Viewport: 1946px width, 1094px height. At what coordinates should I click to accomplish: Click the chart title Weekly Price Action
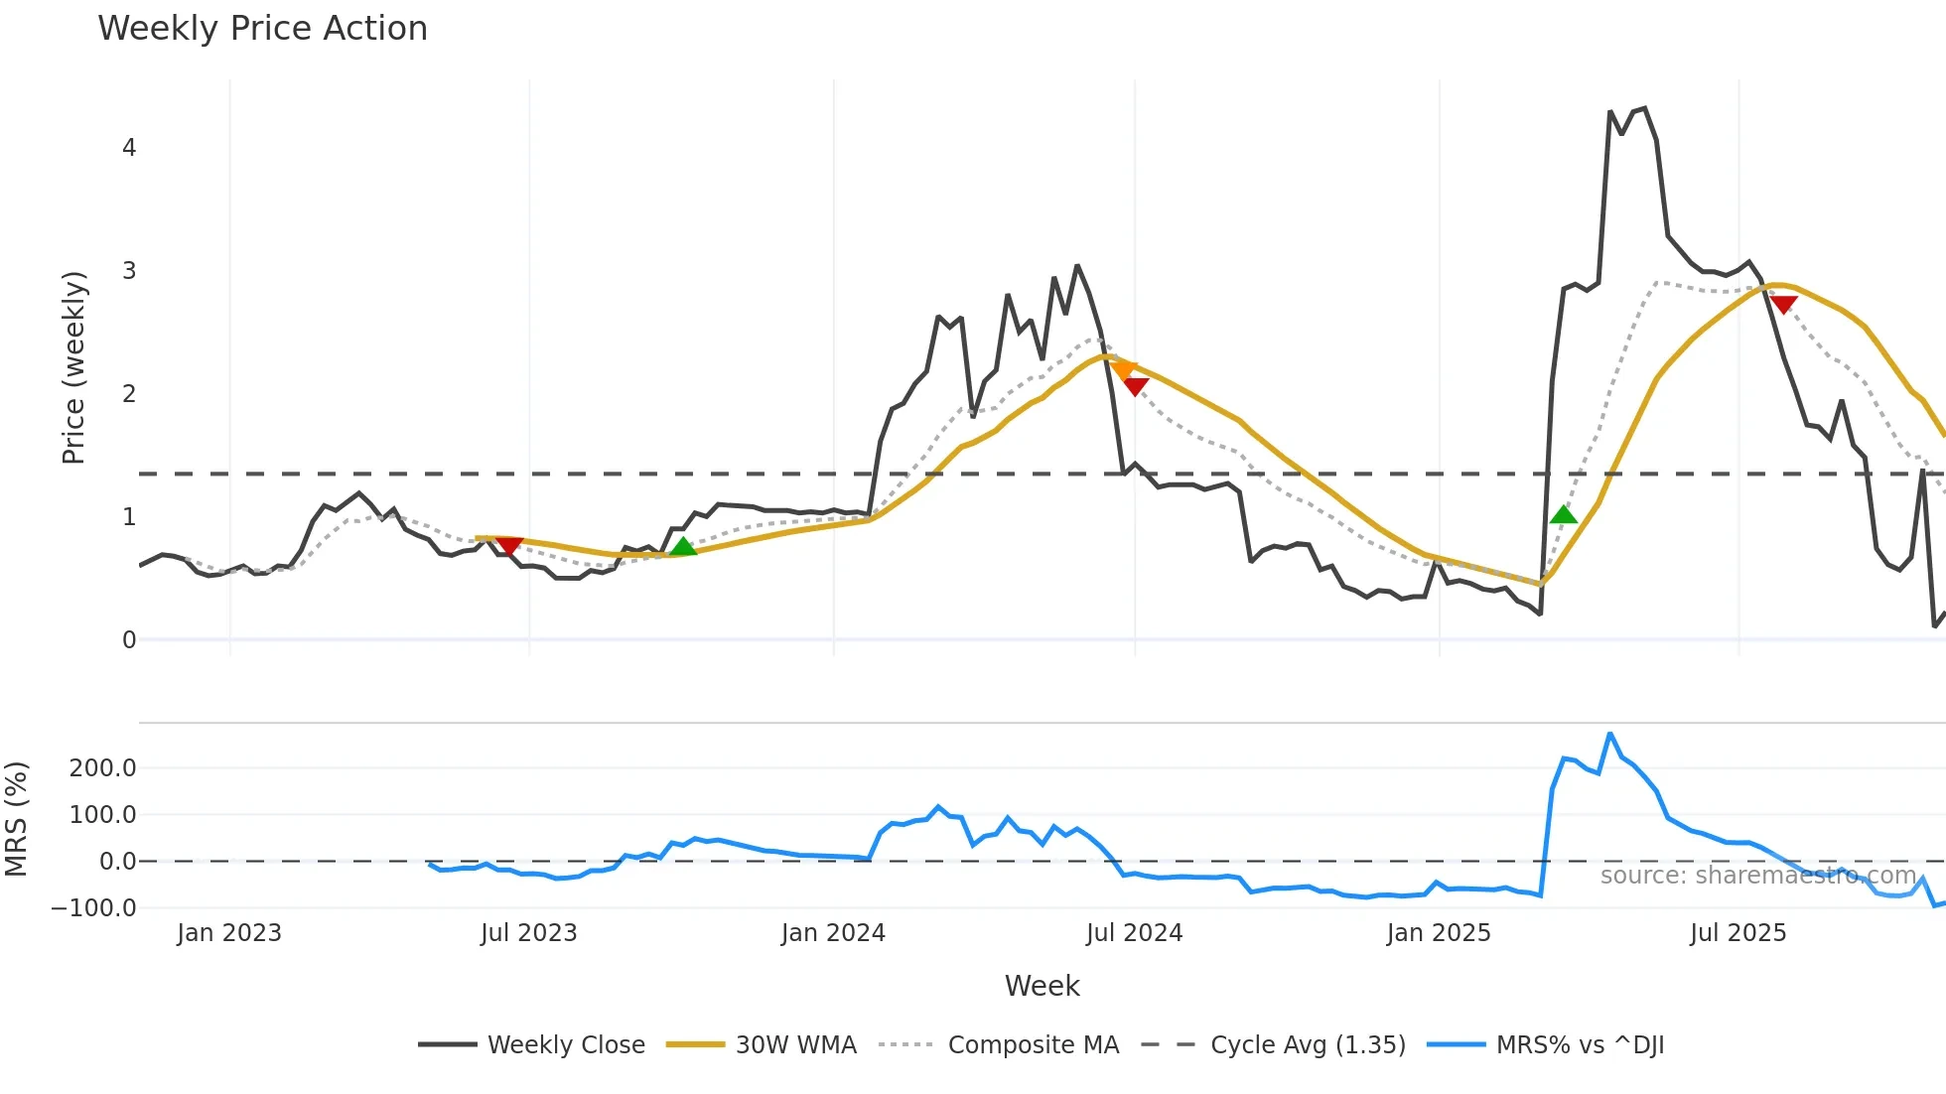pos(262,29)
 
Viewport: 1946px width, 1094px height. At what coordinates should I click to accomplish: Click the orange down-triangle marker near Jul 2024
pos(1124,370)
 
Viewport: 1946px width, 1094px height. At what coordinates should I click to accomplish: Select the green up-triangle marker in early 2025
pos(1564,514)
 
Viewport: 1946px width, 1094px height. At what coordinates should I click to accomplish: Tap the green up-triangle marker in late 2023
pos(683,546)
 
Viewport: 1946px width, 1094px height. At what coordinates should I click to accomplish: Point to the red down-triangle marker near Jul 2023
pos(508,546)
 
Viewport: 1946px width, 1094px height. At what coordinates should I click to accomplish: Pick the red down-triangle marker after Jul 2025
pos(1783,305)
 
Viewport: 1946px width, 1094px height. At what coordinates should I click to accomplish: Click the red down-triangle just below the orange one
pos(1136,386)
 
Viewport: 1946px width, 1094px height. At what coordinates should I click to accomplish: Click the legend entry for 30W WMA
pos(762,1045)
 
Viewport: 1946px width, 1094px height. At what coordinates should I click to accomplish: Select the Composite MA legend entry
pos(1000,1045)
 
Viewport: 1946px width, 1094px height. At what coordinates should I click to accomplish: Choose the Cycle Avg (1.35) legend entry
pos(1274,1045)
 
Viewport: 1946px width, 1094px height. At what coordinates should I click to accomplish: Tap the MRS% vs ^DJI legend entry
pos(1546,1045)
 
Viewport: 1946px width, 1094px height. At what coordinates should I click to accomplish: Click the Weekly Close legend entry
pos(532,1045)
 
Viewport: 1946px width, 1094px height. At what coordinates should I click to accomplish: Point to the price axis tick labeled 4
pos(129,148)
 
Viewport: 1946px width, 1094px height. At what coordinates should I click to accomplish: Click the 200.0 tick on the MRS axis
pos(102,767)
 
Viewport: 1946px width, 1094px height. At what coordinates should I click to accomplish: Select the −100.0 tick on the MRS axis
pos(94,907)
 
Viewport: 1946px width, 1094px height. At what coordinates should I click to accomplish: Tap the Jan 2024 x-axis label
pos(833,933)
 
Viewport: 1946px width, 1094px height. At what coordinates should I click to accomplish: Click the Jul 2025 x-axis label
pos(1737,933)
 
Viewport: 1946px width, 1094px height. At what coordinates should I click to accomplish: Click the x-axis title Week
pos(1042,986)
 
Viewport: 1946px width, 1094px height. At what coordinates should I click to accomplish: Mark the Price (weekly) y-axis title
pos(74,367)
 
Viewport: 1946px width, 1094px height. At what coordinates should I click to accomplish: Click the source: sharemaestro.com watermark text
pos(1757,876)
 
